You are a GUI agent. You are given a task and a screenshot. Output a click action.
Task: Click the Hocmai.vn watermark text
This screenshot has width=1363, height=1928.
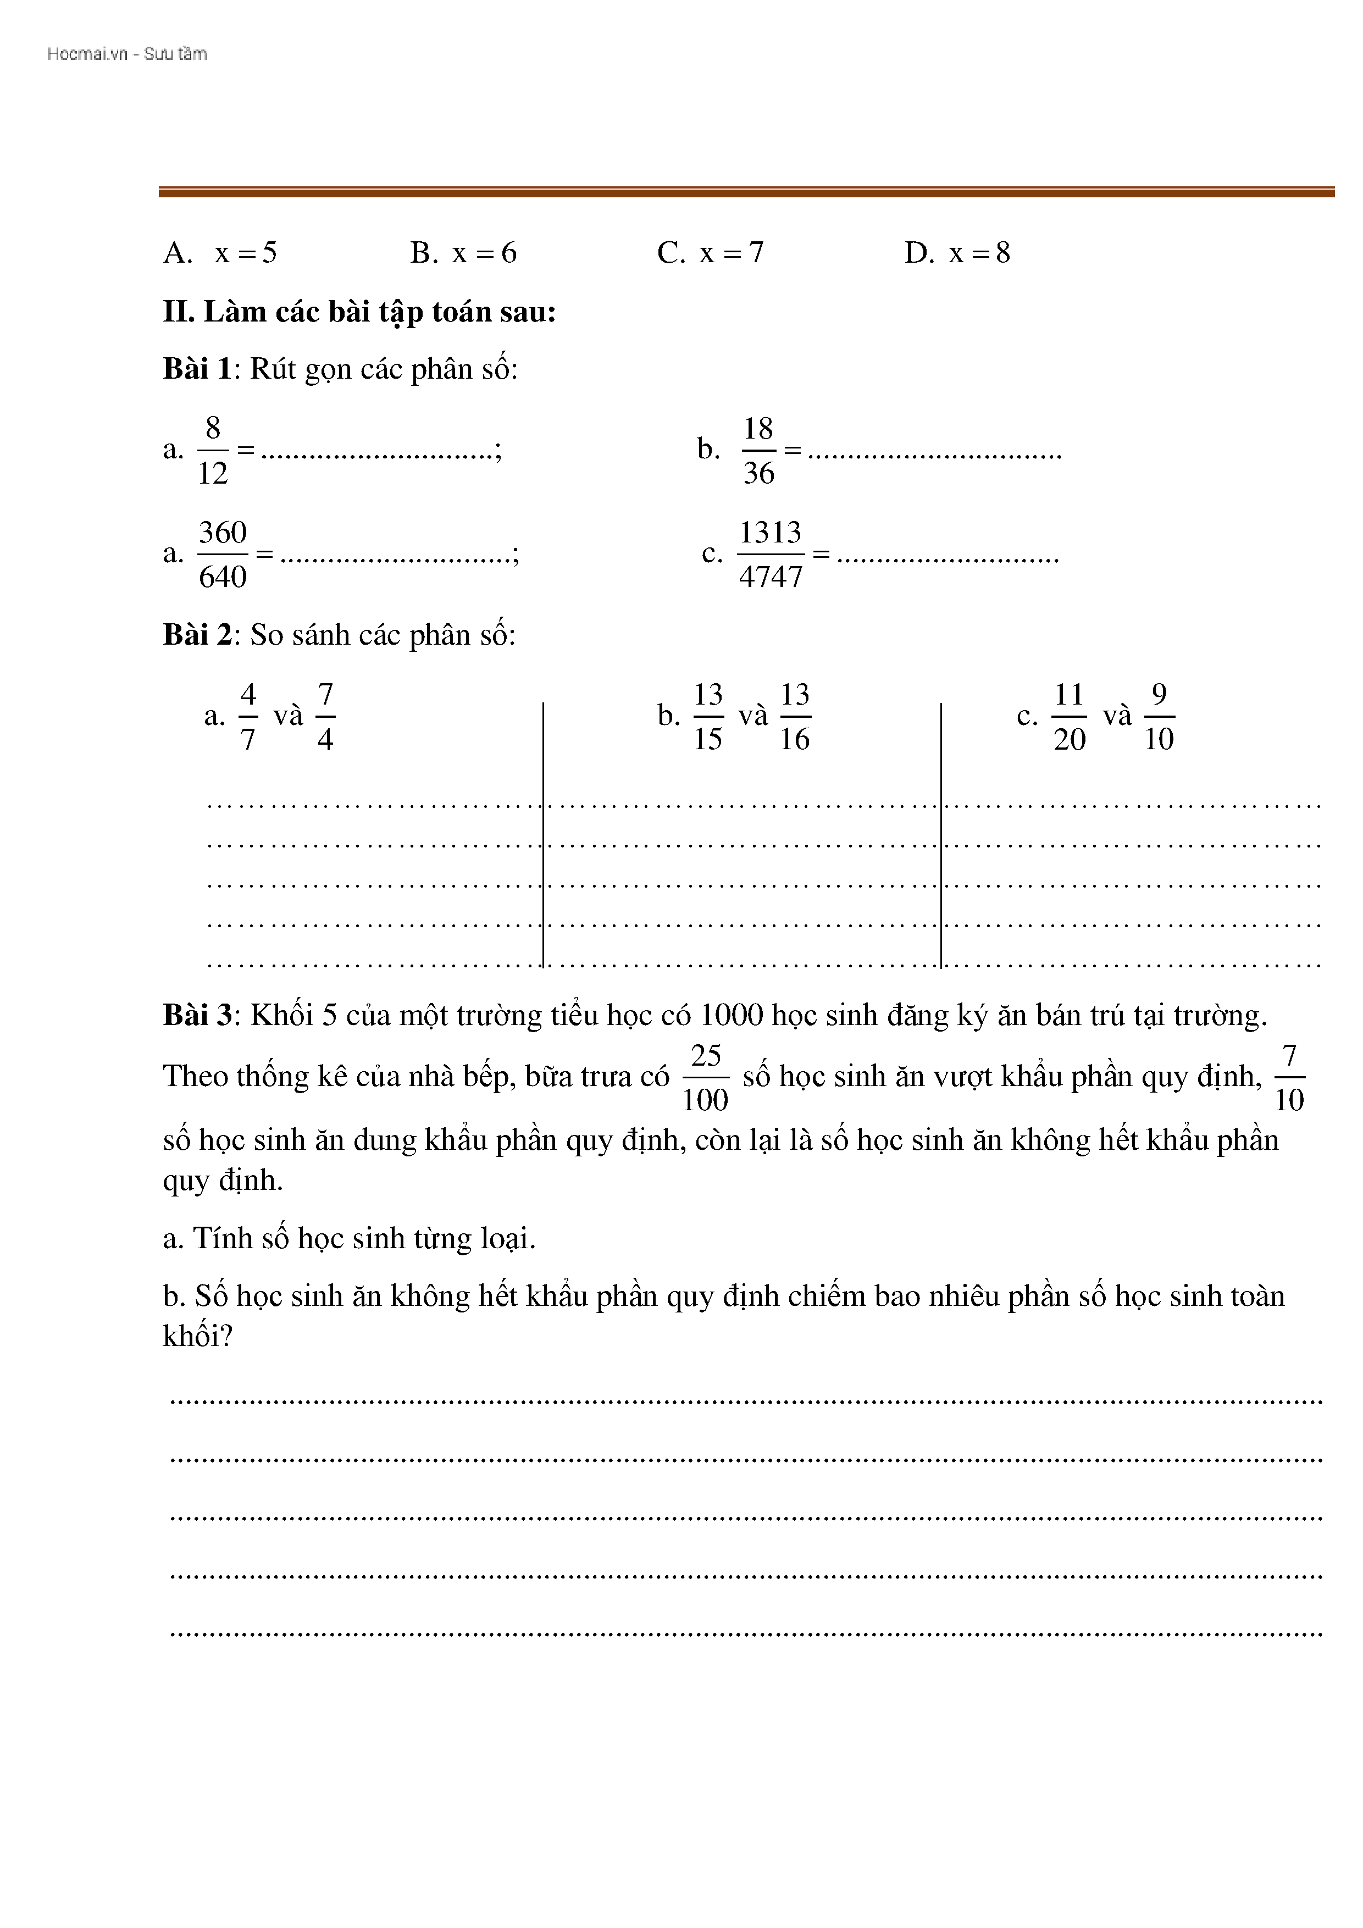[x=127, y=54]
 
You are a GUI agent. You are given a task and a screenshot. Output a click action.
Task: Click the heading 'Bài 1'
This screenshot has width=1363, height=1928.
[x=197, y=369]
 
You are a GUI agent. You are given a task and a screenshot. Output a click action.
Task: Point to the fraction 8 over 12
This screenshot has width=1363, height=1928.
[x=213, y=451]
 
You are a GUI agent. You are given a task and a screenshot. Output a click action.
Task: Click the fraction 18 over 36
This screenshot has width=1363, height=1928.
[x=758, y=451]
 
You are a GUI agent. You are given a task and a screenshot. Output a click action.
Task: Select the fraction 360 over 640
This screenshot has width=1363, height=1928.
[x=223, y=554]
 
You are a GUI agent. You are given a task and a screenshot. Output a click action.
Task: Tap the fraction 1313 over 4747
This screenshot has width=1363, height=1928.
[x=770, y=554]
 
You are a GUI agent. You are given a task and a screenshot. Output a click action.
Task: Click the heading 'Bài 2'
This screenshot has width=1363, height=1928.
[x=197, y=635]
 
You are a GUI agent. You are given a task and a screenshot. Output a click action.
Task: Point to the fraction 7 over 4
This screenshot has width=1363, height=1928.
[x=326, y=716]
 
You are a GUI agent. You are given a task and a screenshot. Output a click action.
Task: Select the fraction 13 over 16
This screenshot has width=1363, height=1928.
[x=795, y=716]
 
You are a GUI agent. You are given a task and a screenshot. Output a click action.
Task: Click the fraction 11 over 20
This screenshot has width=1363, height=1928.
[x=1069, y=716]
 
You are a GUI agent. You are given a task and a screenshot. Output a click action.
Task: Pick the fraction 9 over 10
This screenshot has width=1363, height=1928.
[x=1159, y=716]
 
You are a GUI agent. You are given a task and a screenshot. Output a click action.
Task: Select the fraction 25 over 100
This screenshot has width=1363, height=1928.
[x=706, y=1077]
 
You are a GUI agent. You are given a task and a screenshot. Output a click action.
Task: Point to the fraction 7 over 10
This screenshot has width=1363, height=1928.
[x=1289, y=1077]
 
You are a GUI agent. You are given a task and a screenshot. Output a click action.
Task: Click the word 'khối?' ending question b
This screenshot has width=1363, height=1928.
[x=197, y=1336]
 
